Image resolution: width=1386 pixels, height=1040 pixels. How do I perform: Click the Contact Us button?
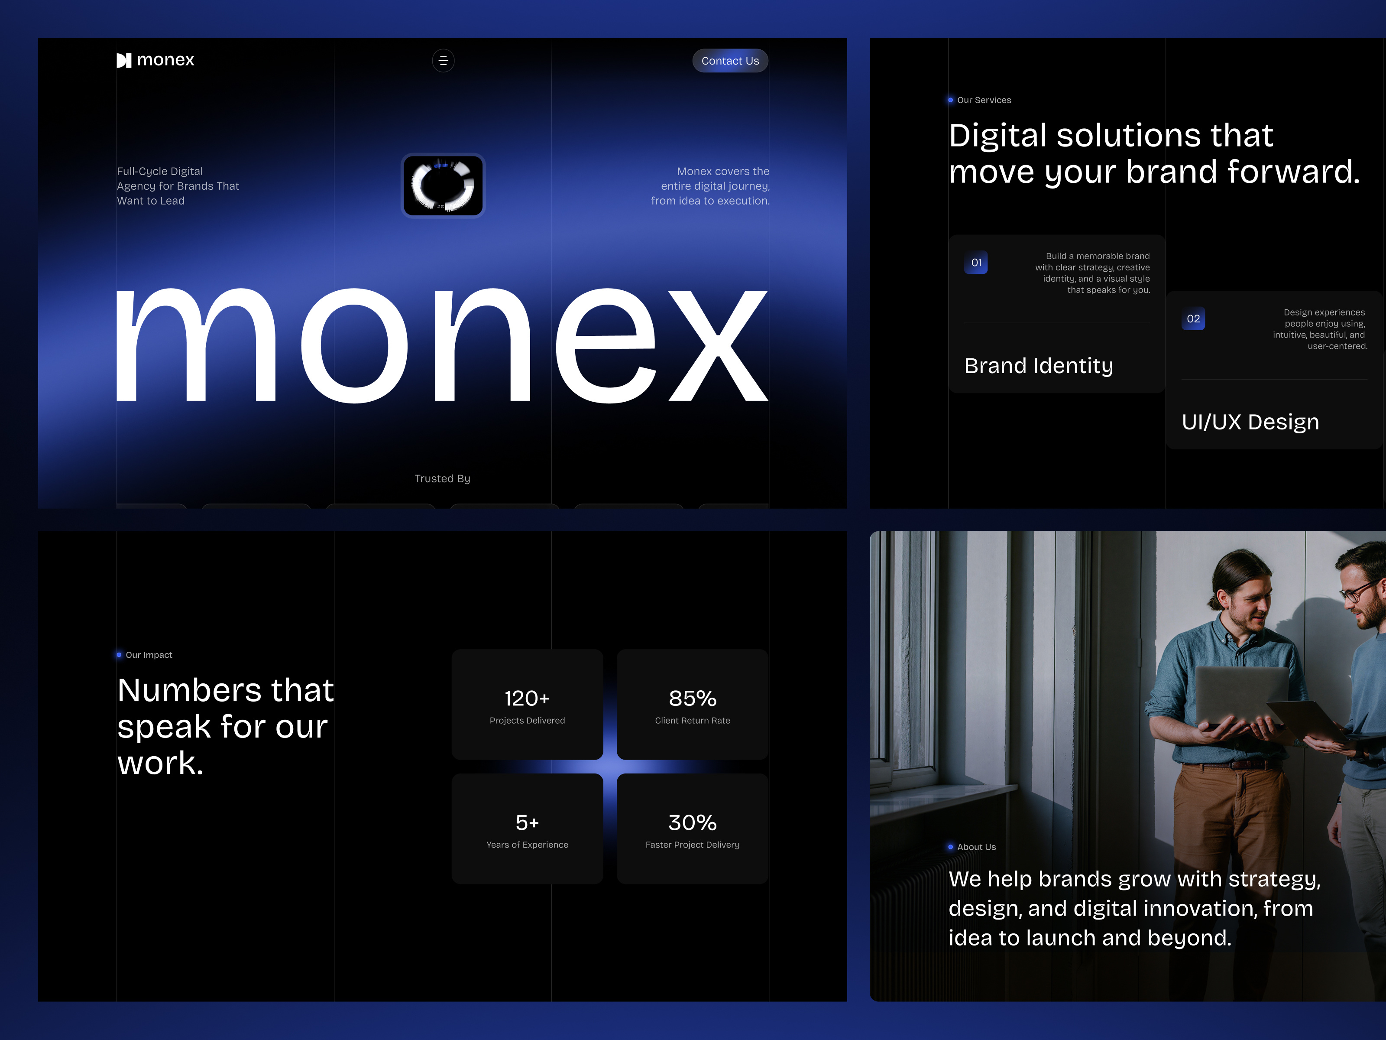tap(729, 61)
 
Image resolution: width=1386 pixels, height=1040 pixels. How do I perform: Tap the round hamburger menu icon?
tap(443, 61)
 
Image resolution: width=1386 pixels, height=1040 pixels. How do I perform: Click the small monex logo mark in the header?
tap(124, 60)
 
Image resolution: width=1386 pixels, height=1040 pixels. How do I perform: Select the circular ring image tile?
tap(443, 185)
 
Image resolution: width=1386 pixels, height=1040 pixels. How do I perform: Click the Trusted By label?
tap(442, 478)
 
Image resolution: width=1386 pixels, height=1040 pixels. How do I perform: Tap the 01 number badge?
tap(975, 263)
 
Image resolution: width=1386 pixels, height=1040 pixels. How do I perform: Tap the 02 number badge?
tap(1193, 319)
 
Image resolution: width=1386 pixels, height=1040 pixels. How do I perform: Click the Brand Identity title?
tap(1038, 365)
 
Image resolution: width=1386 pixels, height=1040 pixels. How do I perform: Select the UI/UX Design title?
tap(1250, 422)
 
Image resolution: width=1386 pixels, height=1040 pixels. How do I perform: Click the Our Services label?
tap(983, 100)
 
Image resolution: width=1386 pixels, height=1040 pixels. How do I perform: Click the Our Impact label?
tap(149, 655)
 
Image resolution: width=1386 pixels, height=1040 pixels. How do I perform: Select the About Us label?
tap(975, 847)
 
